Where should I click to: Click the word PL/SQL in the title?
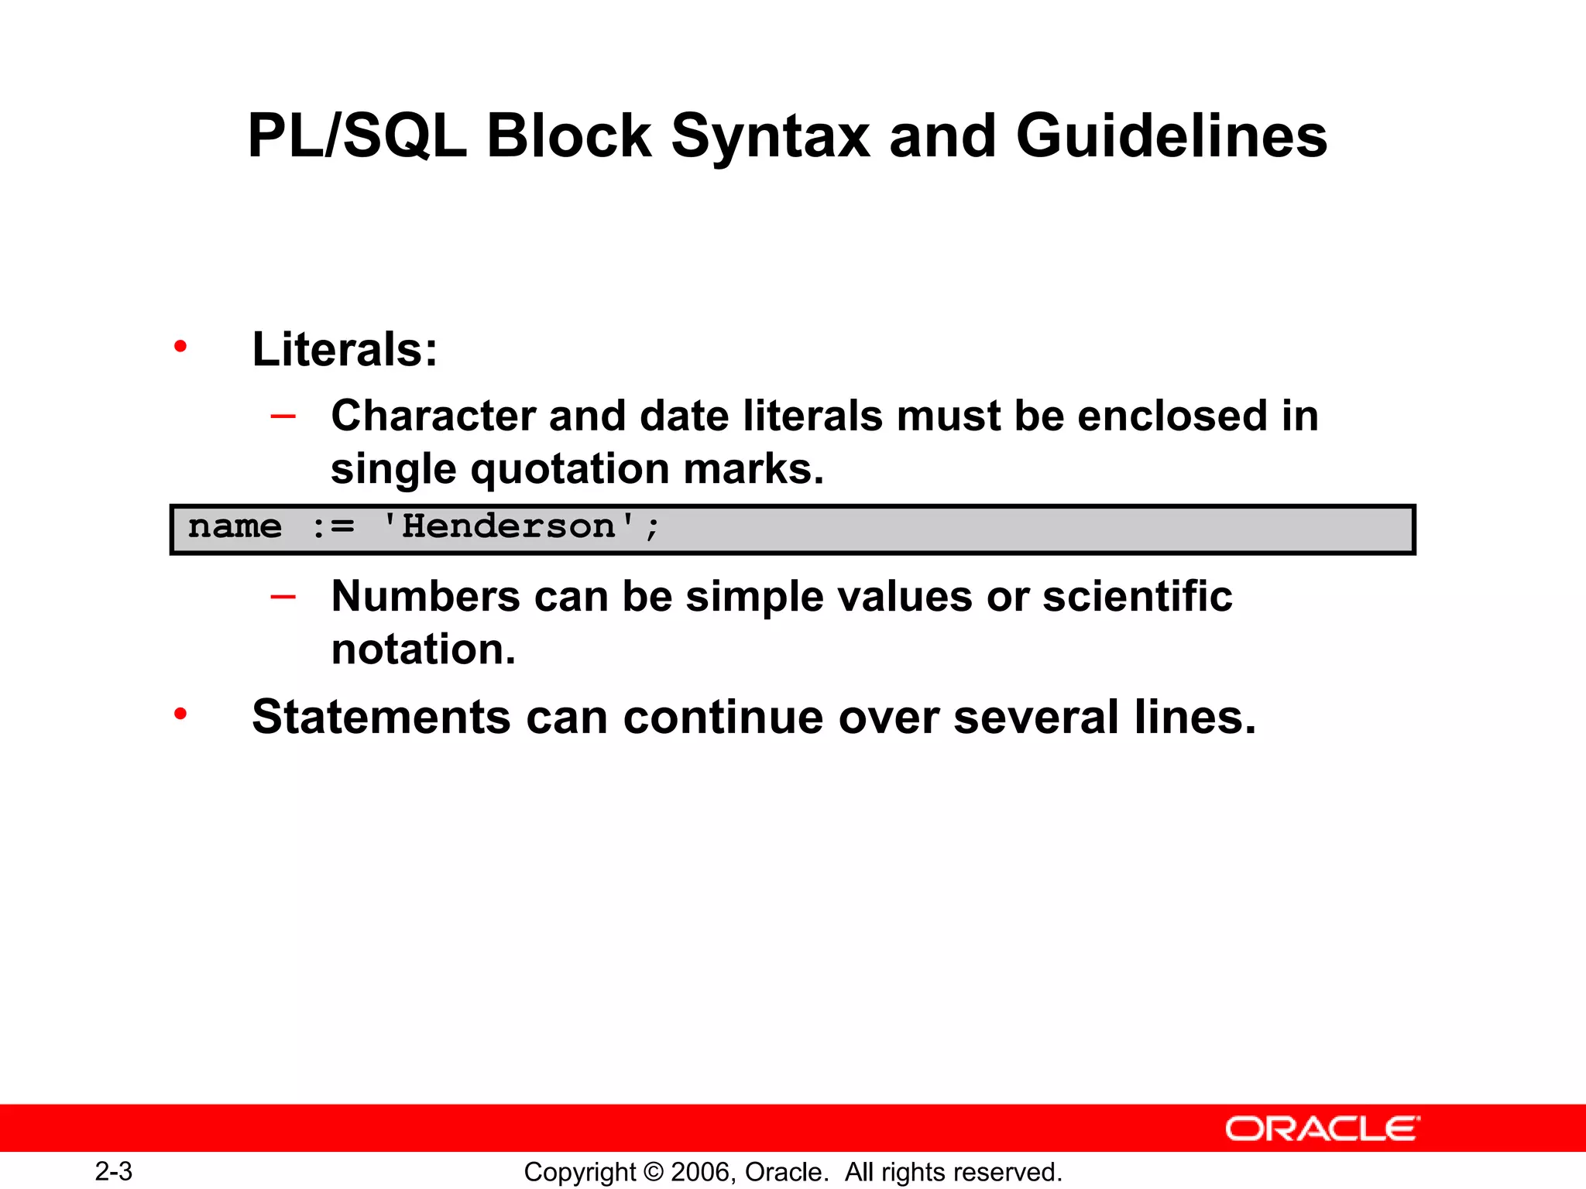pos(357,136)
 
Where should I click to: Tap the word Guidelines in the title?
pos(1171,136)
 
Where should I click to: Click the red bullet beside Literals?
pos(180,346)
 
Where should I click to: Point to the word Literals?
pos(345,349)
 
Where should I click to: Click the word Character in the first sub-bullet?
pos(433,416)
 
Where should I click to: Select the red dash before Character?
pos(283,416)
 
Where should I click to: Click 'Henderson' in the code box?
pos(509,526)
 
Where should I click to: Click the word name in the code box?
pos(235,526)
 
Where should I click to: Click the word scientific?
pos(1137,596)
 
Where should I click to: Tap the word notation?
pos(423,649)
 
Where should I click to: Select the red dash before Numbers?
pos(283,596)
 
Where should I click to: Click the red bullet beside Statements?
pos(180,714)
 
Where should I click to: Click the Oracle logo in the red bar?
pos(1323,1129)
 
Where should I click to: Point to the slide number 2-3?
pos(114,1171)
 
